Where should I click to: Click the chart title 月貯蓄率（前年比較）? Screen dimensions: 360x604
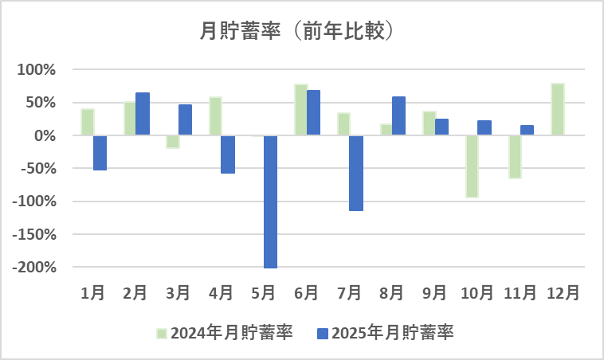point(301,31)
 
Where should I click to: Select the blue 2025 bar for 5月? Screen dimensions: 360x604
point(270,202)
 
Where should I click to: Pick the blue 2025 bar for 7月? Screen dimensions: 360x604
point(355,173)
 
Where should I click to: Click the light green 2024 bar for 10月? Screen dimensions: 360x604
point(472,166)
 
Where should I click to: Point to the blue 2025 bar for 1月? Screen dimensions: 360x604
point(100,153)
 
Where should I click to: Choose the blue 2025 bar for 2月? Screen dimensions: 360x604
point(143,114)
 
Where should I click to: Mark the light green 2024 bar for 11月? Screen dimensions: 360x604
point(515,157)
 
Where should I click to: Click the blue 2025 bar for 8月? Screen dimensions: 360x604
point(398,116)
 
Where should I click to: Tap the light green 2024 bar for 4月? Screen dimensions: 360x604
point(215,116)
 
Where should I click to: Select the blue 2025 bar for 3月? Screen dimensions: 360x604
point(185,119)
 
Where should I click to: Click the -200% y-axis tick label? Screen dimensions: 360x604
point(34,268)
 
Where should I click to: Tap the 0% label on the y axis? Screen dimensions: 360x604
point(43,136)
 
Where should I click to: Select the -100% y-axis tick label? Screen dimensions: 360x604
point(34,202)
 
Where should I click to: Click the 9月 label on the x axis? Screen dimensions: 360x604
point(434,293)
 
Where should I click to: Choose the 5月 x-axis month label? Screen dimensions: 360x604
point(264,293)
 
